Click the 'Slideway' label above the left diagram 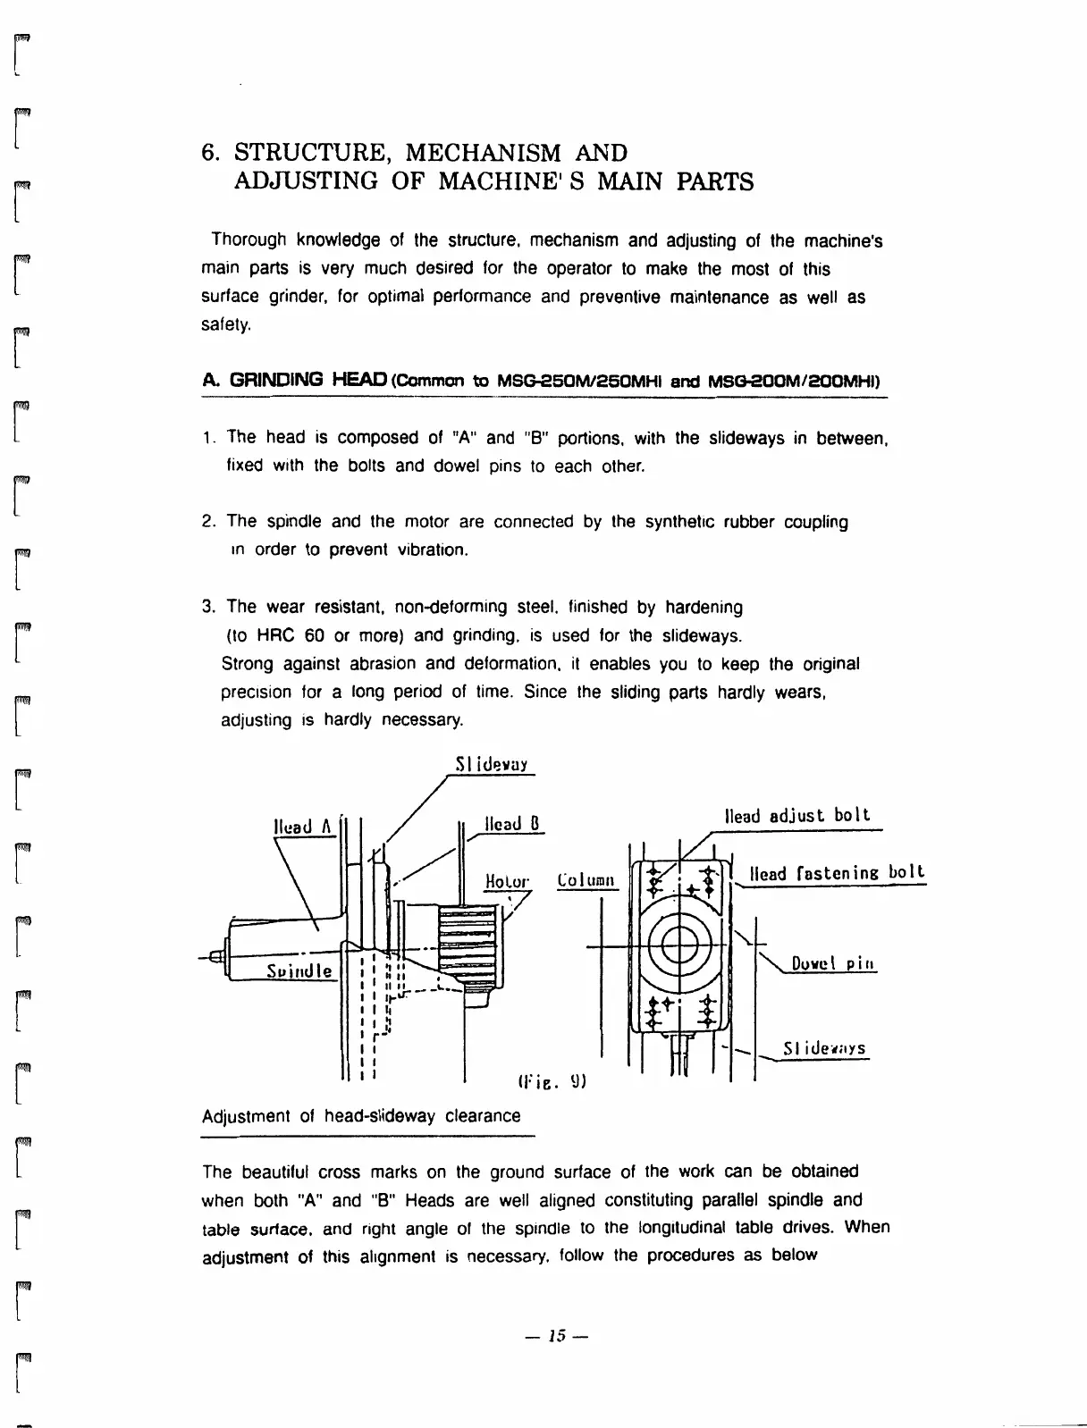tap(492, 765)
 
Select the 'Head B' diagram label tap(512, 824)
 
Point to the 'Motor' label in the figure tap(507, 881)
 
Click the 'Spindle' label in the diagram tap(299, 970)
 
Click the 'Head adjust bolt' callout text tap(797, 816)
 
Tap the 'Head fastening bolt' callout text tap(837, 872)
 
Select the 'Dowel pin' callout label tap(833, 963)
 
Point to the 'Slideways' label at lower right tap(823, 1048)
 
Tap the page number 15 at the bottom tap(558, 1337)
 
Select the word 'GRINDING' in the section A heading tap(276, 380)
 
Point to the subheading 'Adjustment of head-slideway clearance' tap(361, 1116)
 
